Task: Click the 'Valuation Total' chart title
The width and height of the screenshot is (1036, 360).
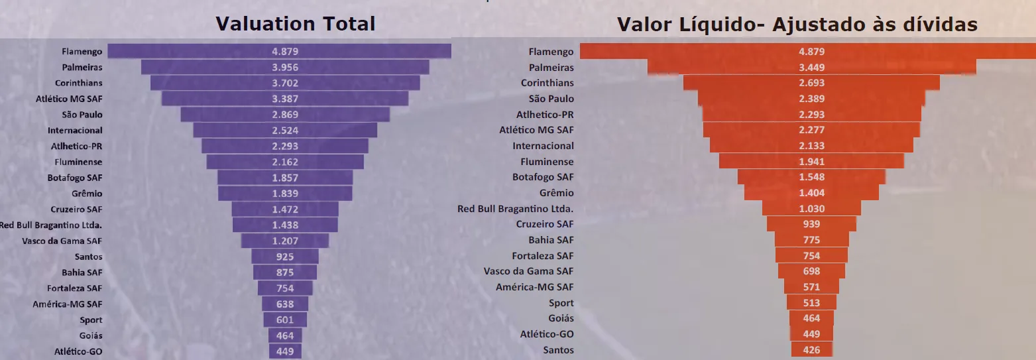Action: (295, 24)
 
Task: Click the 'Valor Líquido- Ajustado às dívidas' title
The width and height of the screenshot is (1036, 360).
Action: (797, 25)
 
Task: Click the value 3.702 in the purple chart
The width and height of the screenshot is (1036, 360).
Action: (285, 83)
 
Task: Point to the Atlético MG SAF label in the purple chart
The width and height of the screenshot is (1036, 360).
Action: (69, 99)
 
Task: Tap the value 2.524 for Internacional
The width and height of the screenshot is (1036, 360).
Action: (285, 131)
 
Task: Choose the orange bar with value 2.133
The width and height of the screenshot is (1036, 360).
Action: (811, 146)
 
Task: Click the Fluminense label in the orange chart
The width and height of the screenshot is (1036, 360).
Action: (547, 162)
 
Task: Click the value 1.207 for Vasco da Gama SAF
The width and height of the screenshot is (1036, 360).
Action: (285, 241)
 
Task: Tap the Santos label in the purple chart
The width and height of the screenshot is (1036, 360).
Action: (89, 257)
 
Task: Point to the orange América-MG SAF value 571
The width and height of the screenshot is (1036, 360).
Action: (811, 287)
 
